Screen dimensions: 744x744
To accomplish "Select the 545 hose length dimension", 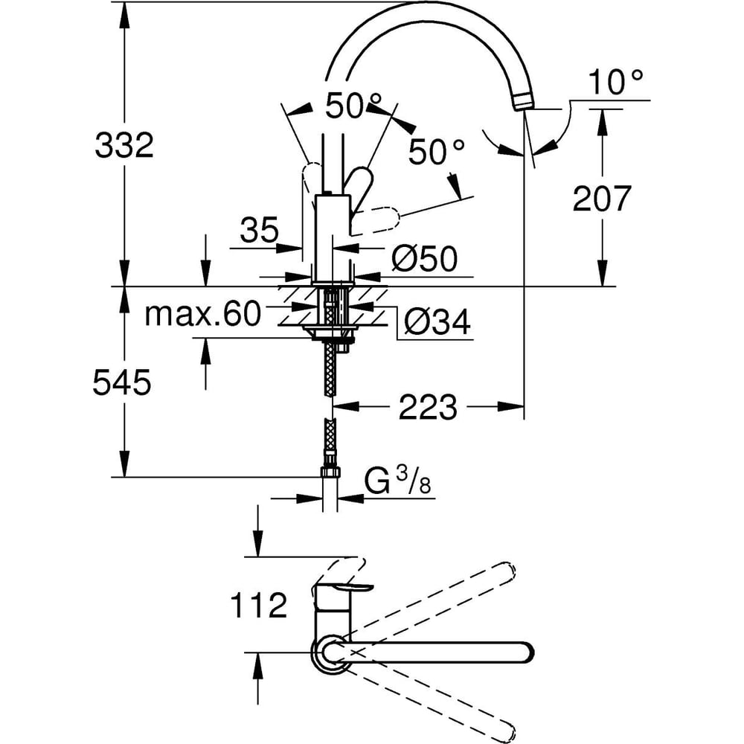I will click(x=122, y=383).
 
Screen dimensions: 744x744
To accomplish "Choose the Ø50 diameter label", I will click(x=423, y=260).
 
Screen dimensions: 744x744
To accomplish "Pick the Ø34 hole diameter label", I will click(x=438, y=323).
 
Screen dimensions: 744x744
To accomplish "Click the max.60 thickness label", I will click(x=202, y=315).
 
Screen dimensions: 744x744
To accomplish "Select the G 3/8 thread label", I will click(x=399, y=482).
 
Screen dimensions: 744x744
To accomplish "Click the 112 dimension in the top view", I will click(x=258, y=606).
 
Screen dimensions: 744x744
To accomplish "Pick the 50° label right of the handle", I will click(x=436, y=154).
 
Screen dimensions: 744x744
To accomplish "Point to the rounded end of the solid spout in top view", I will click(x=525, y=652).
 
